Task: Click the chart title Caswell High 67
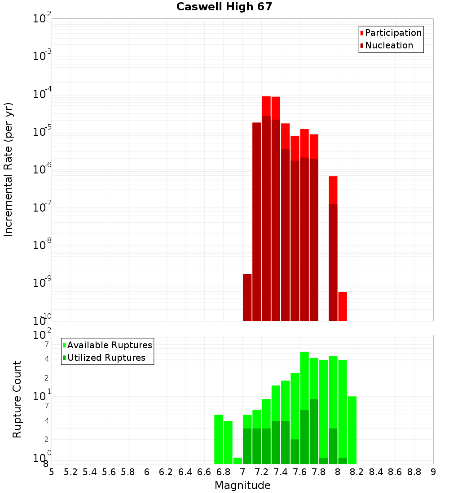pos(224,7)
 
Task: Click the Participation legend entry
pos(391,33)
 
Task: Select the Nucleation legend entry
pos(386,45)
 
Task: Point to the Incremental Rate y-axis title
pos(9,169)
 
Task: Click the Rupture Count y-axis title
pos(17,399)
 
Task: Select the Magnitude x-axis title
pos(242,485)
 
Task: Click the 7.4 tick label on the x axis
pos(281,472)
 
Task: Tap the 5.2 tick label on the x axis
pos(71,472)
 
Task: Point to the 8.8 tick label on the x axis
pos(414,472)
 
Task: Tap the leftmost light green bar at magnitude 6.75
pos(219,439)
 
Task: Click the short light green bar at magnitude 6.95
pos(238,461)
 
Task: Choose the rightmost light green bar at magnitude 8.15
pos(352,430)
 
